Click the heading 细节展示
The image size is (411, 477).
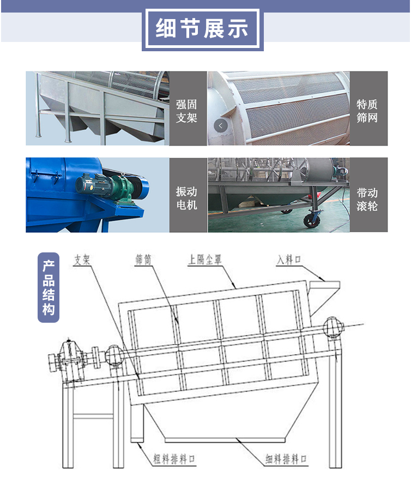click(x=202, y=28)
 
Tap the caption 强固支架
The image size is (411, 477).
click(x=186, y=111)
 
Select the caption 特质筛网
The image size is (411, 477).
click(x=367, y=111)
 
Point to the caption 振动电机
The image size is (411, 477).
click(x=186, y=198)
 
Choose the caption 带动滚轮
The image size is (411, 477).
click(x=367, y=200)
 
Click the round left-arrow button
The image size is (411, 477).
click(x=221, y=125)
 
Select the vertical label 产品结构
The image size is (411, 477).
click(x=49, y=287)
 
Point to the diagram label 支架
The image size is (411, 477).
click(x=82, y=259)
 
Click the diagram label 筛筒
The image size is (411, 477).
click(x=143, y=259)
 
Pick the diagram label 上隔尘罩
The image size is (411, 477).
click(x=205, y=259)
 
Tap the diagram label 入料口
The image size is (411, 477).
click(x=289, y=259)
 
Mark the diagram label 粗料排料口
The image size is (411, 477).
click(x=174, y=459)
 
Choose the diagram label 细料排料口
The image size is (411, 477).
click(x=286, y=459)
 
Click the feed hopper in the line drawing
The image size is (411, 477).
click(x=323, y=297)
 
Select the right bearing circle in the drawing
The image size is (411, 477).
click(x=333, y=327)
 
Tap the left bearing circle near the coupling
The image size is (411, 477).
click(x=114, y=355)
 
